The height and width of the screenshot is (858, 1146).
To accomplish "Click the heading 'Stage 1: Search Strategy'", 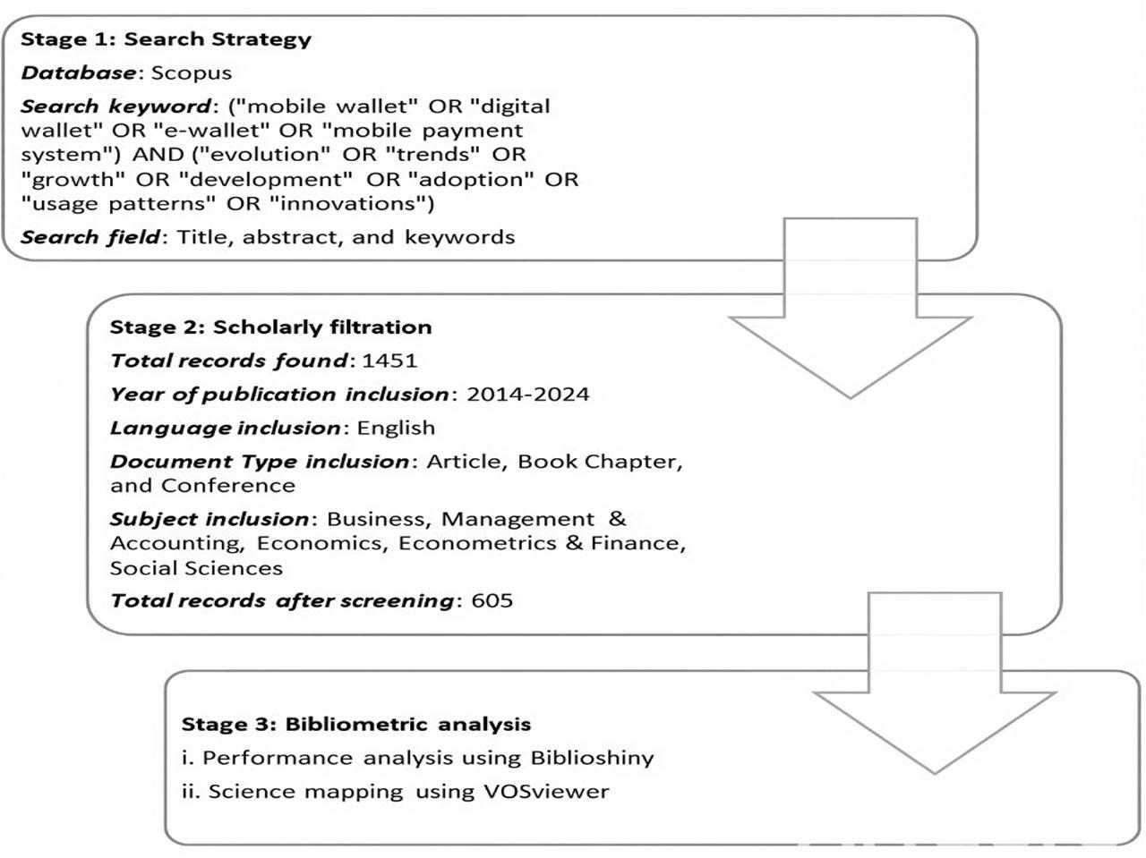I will click(x=166, y=39).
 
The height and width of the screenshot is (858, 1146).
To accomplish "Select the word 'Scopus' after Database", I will click(x=191, y=73).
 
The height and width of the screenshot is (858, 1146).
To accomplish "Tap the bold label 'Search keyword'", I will click(x=116, y=106).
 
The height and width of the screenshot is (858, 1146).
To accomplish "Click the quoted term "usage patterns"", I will click(x=118, y=204).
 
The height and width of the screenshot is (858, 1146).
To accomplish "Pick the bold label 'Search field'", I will click(x=90, y=237).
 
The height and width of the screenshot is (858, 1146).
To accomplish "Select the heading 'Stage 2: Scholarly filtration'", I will click(x=270, y=327).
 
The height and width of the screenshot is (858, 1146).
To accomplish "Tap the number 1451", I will click(x=389, y=361).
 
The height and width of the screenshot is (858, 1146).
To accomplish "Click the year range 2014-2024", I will click(x=527, y=395).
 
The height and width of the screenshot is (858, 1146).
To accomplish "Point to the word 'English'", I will click(x=396, y=429).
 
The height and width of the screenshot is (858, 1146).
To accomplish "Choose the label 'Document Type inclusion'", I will click(x=260, y=462).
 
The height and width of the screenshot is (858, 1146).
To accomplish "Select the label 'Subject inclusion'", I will click(x=210, y=520).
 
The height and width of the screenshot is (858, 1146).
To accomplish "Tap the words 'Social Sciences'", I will click(x=196, y=569).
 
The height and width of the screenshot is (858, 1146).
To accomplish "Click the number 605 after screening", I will click(x=492, y=600).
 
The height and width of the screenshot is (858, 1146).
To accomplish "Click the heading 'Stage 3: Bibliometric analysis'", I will click(x=356, y=725).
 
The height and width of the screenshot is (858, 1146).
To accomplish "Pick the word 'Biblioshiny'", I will click(x=592, y=759).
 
